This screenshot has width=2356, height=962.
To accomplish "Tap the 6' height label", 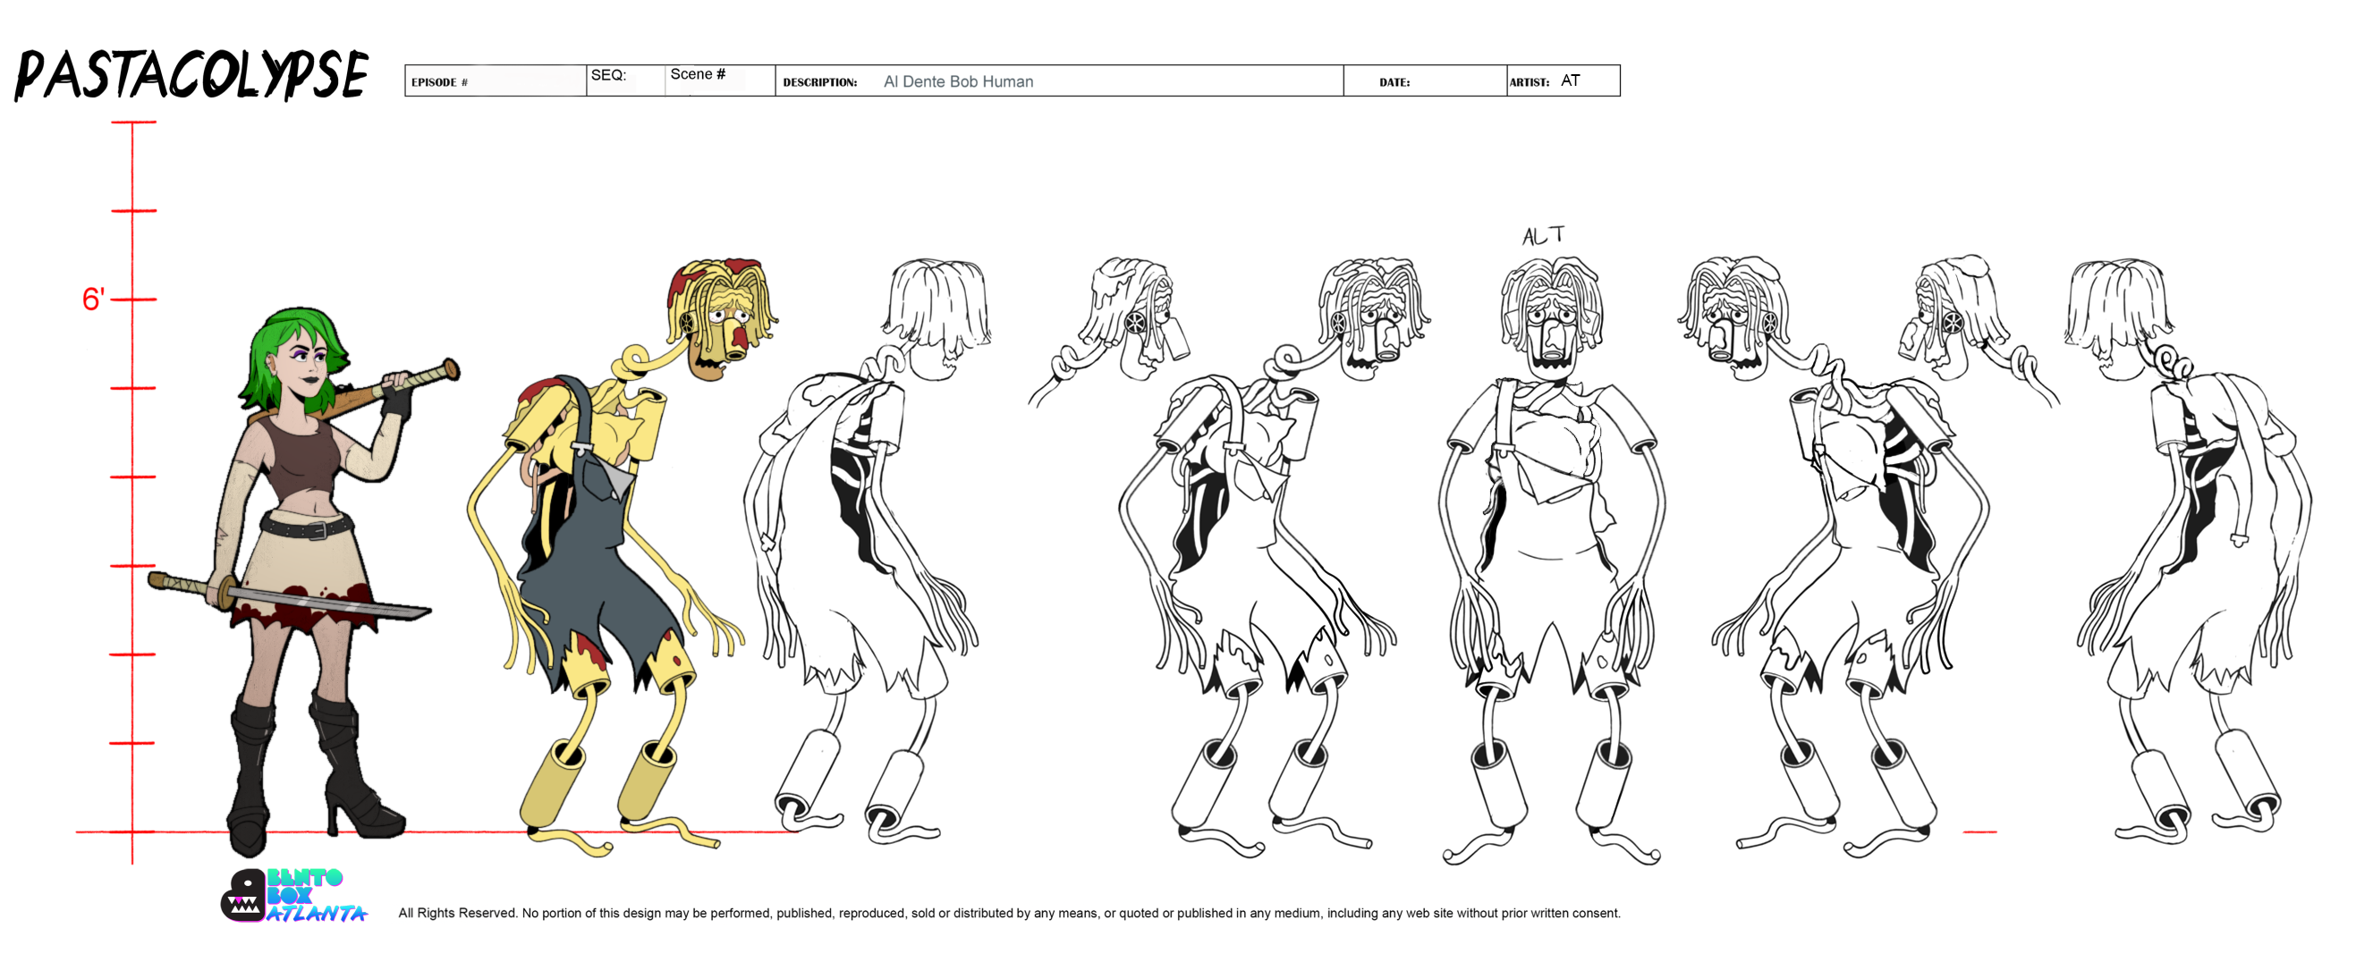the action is coord(93,299).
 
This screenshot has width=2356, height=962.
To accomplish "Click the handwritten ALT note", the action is coord(1544,236).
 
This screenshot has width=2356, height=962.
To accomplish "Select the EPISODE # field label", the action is coord(439,82).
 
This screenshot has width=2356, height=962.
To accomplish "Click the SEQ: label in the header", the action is coord(608,75).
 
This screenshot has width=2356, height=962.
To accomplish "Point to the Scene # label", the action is coord(698,74).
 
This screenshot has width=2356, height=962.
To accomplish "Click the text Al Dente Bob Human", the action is coord(959,81).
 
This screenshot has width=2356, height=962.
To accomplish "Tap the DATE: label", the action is coord(1394,82).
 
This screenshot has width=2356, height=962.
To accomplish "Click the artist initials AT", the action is coord(1571,80).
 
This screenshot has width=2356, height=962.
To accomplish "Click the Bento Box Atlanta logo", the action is coord(292,895).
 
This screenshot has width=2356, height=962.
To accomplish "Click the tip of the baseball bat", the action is coord(453,368).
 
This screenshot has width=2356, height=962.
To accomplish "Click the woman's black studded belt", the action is coord(306,527).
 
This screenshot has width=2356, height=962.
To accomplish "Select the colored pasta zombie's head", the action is coord(723,316).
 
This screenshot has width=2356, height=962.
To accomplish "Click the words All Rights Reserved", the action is coord(457,913).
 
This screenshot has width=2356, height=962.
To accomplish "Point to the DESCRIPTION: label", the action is coord(819,82).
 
